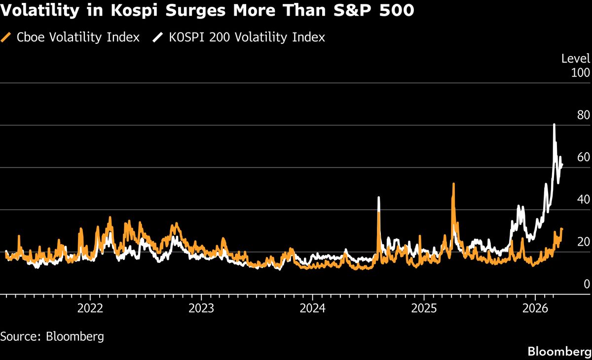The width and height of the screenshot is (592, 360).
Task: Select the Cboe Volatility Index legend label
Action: tap(77, 37)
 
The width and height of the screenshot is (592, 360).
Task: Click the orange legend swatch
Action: tap(6, 37)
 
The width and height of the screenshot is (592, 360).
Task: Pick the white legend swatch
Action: tap(158, 37)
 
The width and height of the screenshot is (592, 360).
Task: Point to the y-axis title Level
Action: tap(575, 59)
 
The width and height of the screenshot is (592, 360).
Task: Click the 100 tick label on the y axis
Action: tap(580, 73)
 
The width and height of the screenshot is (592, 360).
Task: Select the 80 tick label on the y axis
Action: tap(583, 115)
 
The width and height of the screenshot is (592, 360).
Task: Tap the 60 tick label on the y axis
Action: tap(583, 157)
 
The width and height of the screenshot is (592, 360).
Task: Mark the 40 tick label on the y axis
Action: tap(583, 200)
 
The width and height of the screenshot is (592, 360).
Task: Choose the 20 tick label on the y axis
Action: tap(583, 242)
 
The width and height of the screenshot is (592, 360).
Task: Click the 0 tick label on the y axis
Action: tap(586, 284)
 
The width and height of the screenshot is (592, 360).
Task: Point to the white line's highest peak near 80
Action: tap(554, 125)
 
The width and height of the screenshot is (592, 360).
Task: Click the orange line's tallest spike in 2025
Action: tap(453, 184)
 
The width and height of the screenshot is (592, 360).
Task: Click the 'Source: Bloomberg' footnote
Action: tap(52, 337)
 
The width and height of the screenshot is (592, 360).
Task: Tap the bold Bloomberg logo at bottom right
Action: tap(559, 352)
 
